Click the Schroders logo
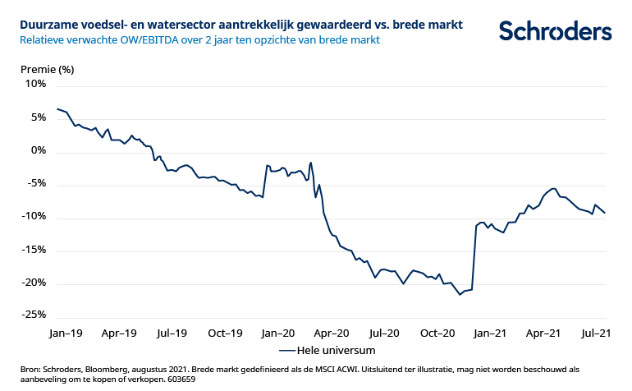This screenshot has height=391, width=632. (555, 31)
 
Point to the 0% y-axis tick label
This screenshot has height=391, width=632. (39, 151)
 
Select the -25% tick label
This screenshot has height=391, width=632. (34, 315)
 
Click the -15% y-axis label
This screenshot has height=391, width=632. (34, 250)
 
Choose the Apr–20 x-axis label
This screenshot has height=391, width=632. (332, 333)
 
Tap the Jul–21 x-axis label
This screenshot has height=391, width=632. (596, 333)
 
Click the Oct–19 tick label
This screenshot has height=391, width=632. (226, 333)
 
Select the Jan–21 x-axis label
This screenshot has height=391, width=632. (490, 333)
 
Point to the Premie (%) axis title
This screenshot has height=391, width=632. (47, 69)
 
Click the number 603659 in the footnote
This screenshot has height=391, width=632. (178, 379)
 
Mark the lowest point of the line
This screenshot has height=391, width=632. (460, 294)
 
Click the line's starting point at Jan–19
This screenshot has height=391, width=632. (57, 108)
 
